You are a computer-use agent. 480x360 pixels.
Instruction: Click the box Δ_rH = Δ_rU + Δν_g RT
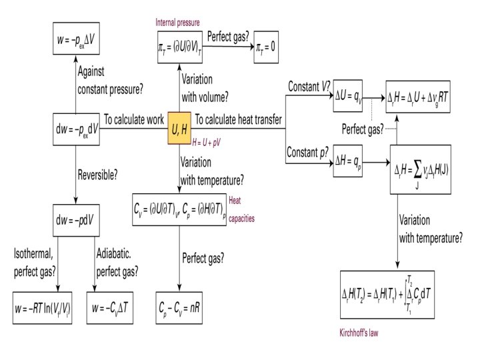click(421, 98)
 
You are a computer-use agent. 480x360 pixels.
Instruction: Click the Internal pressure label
click(177, 23)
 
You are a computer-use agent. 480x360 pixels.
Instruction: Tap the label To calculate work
click(134, 119)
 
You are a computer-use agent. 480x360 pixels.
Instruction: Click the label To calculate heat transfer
click(239, 119)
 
